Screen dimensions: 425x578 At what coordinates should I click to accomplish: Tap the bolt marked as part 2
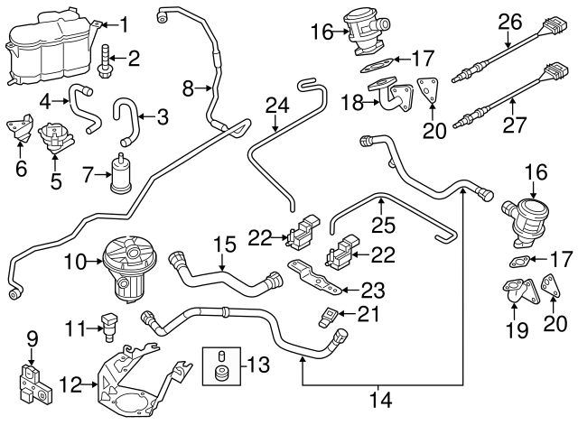[107, 60]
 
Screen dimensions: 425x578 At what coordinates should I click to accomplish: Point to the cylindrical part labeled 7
[119, 173]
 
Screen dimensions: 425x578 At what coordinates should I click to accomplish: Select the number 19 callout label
[515, 330]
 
